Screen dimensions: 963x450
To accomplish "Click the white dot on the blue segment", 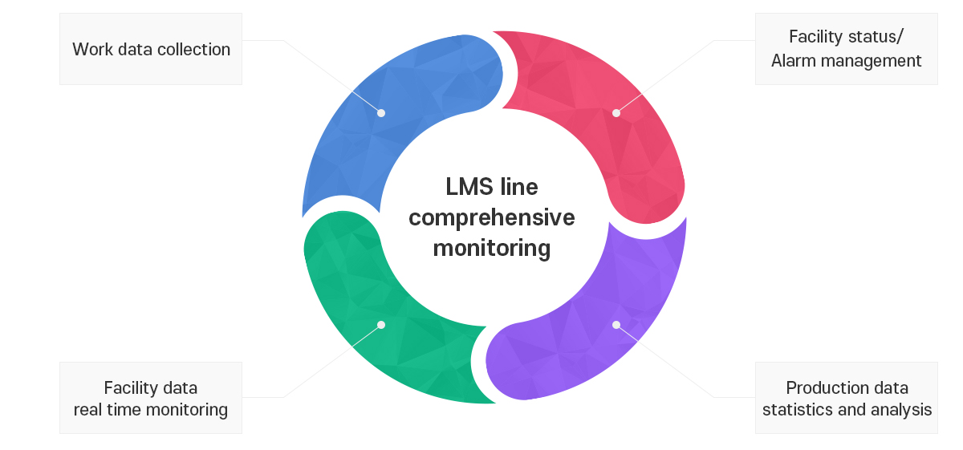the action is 381,113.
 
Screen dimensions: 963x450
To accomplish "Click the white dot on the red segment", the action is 616,113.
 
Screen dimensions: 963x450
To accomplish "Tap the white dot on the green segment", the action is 381,325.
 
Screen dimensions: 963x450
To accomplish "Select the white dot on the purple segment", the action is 616,325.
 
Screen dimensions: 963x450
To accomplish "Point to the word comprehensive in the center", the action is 491,218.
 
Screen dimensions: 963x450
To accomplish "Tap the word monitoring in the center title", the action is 491,249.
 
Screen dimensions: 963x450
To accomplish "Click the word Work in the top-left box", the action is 92,50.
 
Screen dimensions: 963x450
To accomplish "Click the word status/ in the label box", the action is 876,37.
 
